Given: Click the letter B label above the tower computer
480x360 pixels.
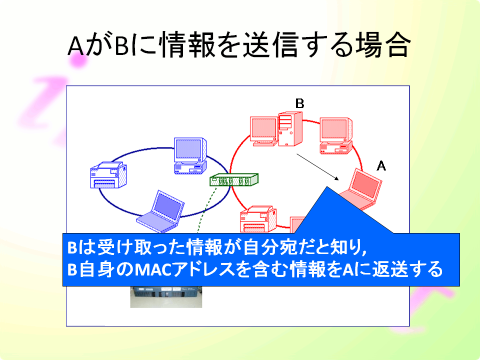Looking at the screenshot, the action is coord(299,103).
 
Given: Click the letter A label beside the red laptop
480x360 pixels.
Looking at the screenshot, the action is coord(381,166).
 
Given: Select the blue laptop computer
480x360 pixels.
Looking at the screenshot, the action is coord(160,211).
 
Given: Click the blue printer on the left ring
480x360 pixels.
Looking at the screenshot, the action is coord(108,175).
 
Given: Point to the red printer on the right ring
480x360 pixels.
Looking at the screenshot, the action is coord(258,219).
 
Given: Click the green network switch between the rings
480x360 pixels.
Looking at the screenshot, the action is coord(234,179).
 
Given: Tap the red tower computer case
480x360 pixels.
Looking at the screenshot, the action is coord(290,129).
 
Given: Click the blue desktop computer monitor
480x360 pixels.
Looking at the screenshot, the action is coord(190,156).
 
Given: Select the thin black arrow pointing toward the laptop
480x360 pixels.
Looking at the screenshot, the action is coord(318,167).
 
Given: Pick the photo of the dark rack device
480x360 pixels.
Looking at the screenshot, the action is coord(166,296).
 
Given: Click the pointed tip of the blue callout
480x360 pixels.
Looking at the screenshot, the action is coord(327,186).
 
